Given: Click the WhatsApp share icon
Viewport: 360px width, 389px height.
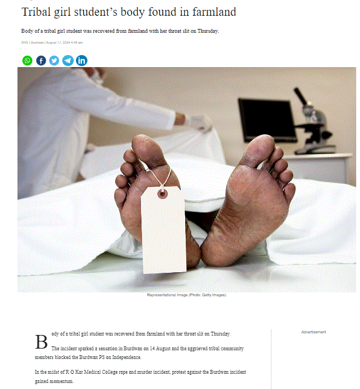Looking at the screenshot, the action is point(27,61).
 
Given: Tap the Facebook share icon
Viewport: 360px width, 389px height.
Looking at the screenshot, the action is point(41,61).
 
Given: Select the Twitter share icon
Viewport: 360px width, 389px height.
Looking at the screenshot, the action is point(54,61).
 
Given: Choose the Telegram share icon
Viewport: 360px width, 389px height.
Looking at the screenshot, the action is point(68,61).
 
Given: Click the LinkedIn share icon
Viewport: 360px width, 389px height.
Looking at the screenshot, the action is point(81,61).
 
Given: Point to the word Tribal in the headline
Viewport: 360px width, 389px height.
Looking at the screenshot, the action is point(36,11).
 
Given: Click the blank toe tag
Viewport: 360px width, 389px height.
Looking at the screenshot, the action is point(164,230).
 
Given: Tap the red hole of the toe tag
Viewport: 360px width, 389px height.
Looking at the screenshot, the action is point(162,194).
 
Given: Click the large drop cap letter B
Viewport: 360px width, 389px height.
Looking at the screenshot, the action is point(41,342).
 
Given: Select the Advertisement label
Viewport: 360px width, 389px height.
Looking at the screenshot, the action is point(314,332).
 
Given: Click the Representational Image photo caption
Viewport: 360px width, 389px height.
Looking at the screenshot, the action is point(187,295).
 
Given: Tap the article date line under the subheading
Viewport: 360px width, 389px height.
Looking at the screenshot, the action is point(52,43).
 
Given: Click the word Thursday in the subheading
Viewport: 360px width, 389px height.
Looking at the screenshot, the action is point(208,31).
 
